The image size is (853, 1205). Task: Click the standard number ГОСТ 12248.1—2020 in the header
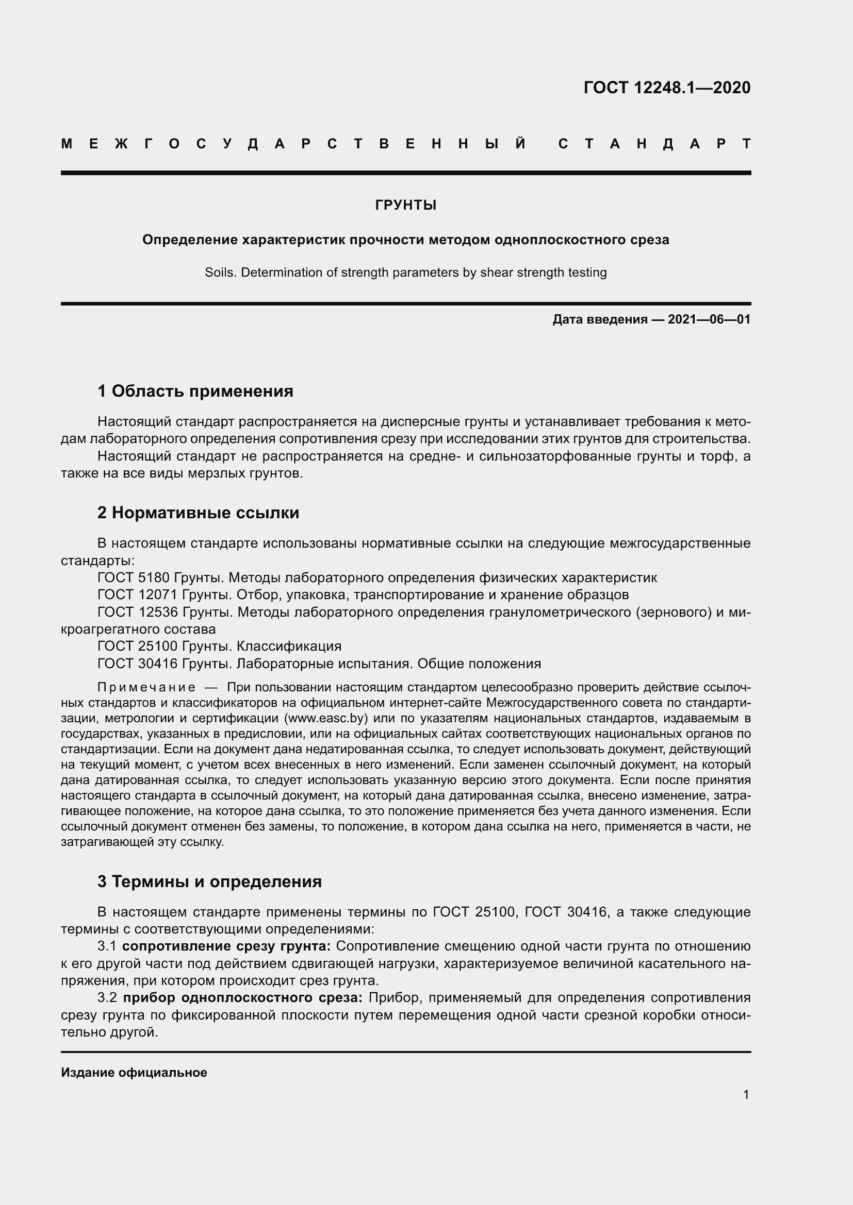pyautogui.click(x=666, y=88)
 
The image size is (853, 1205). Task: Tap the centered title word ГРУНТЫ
pyautogui.click(x=405, y=205)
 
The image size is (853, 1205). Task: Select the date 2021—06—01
pyautogui.click(x=709, y=319)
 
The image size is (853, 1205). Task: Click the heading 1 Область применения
pyautogui.click(x=195, y=391)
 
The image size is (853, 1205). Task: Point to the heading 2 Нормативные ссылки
pyautogui.click(x=198, y=512)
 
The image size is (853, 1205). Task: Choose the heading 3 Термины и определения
pyautogui.click(x=209, y=881)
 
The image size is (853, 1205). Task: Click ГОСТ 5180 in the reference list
pyautogui.click(x=134, y=578)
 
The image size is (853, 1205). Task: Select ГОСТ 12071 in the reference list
pyautogui.click(x=138, y=595)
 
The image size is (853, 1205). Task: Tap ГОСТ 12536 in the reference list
pyautogui.click(x=138, y=612)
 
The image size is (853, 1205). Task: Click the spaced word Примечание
pyautogui.click(x=146, y=688)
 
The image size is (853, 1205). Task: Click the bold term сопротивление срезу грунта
pyautogui.click(x=226, y=946)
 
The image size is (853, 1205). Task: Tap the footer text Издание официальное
pyautogui.click(x=134, y=1072)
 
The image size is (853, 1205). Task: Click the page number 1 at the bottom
pyautogui.click(x=746, y=1094)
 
